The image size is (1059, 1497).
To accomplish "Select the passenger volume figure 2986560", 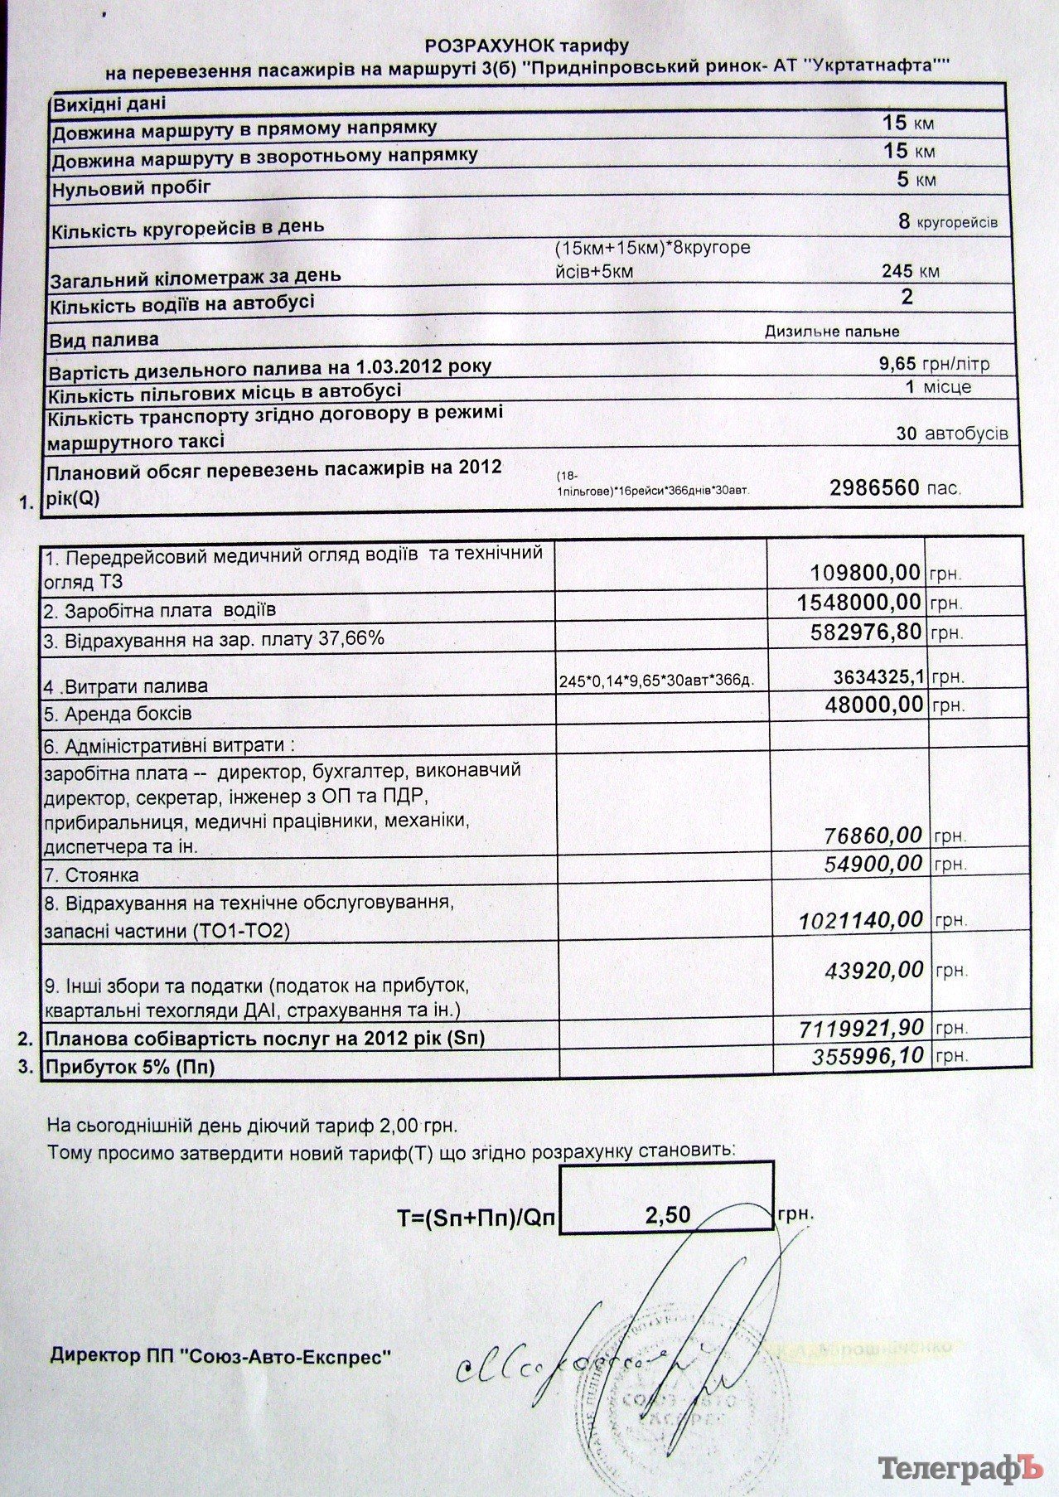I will (x=874, y=487).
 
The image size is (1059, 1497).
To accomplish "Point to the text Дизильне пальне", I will (x=831, y=332).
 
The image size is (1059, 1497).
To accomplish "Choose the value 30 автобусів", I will (x=952, y=434).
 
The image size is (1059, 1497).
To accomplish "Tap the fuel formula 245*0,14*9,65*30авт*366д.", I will (x=659, y=681).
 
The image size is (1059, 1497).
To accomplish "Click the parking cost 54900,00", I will (x=873, y=864).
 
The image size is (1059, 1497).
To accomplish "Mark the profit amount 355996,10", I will (x=868, y=1055).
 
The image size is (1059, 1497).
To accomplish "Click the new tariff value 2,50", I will (x=667, y=1214).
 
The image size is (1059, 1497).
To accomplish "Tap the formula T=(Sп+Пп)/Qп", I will (x=478, y=1217).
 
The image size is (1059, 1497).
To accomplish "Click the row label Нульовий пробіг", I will (x=131, y=188).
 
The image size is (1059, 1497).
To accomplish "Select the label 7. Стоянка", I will (x=91, y=874).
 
